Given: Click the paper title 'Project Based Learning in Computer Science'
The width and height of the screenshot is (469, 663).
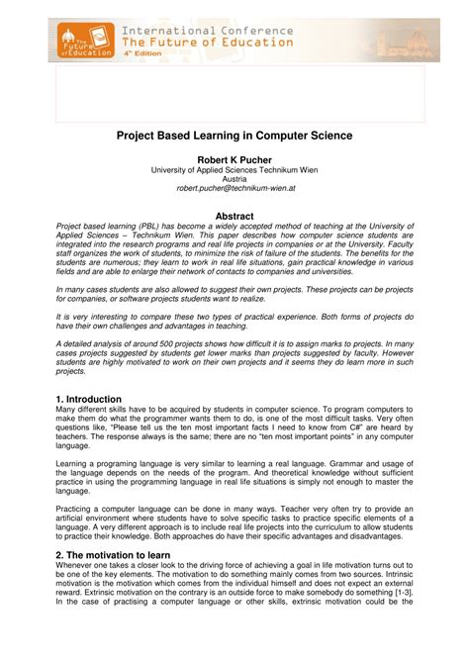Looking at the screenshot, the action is click(234, 134).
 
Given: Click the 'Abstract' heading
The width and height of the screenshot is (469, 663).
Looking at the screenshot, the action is click(234, 216).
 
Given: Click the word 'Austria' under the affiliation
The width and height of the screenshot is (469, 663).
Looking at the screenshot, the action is click(234, 178).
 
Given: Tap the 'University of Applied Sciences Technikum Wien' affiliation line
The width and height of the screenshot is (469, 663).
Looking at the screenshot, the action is click(234, 168).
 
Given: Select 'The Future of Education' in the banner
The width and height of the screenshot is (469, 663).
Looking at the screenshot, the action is click(207, 43).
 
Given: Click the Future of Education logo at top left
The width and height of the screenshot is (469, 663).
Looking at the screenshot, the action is click(82, 41).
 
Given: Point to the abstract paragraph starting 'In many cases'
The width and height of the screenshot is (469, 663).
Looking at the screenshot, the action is click(234, 294).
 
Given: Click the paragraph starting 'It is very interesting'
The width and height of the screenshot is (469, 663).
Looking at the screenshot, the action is click(234, 320).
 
